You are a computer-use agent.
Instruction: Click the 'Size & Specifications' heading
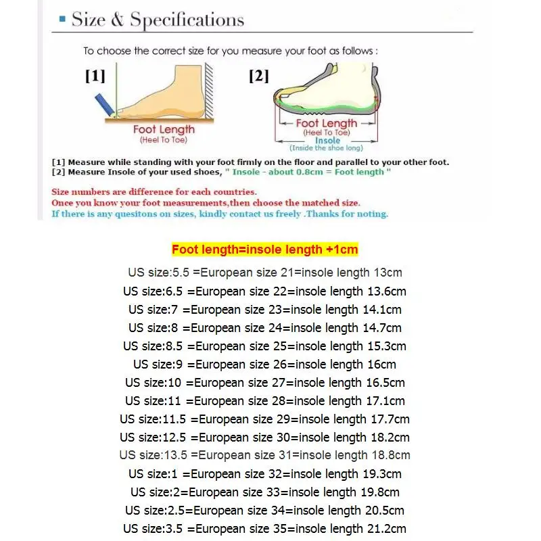pos(158,20)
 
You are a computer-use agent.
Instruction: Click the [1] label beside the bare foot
pos(95,76)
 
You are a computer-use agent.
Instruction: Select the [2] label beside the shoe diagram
pos(258,76)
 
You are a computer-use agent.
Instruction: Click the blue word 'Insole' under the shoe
pos(327,141)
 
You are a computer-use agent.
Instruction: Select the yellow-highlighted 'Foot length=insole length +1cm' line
pos(264,250)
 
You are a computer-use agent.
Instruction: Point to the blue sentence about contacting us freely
pos(220,214)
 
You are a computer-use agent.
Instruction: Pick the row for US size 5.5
pos(264,273)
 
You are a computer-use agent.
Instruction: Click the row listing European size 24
pos(264,328)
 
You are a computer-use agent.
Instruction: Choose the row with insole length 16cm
pos(264,364)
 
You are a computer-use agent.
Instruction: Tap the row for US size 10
pos(264,383)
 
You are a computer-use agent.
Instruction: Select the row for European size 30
pos(264,438)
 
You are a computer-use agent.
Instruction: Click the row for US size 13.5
pos(264,455)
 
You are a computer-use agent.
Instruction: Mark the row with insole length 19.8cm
pos(264,492)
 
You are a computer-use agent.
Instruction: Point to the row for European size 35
pos(264,529)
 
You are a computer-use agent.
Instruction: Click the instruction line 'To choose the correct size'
pos(230,51)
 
